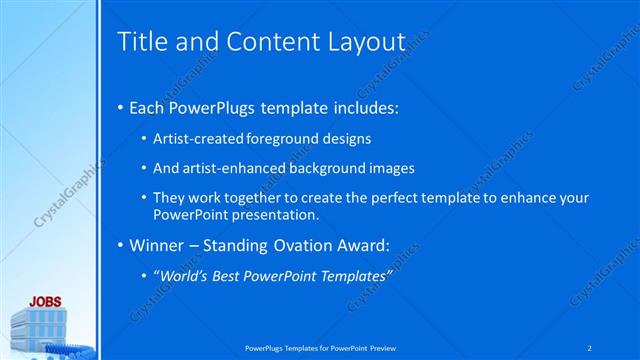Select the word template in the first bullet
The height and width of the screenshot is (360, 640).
click(324, 106)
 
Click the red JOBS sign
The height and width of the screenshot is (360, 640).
click(44, 300)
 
